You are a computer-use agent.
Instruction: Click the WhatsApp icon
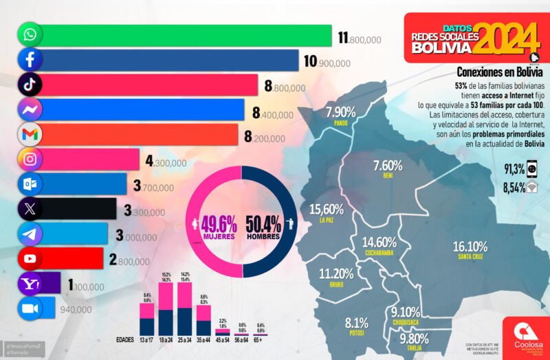pyautogui.click(x=30, y=34)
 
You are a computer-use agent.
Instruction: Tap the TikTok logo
pyautogui.click(x=30, y=85)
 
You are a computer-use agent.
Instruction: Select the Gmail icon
pyautogui.click(x=30, y=135)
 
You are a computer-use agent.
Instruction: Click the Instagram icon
pyautogui.click(x=30, y=159)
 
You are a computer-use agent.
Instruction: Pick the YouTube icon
pyautogui.click(x=30, y=259)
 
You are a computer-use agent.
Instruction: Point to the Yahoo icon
pyautogui.click(x=30, y=284)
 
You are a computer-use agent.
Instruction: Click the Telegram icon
pyautogui.click(x=30, y=234)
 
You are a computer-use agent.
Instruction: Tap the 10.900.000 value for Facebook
pyautogui.click(x=327, y=63)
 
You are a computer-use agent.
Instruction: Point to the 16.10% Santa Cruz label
pyautogui.click(x=470, y=248)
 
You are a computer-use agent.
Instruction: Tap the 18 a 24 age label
pyautogui.click(x=166, y=339)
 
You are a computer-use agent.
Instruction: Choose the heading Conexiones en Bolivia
pyautogui.click(x=500, y=72)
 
